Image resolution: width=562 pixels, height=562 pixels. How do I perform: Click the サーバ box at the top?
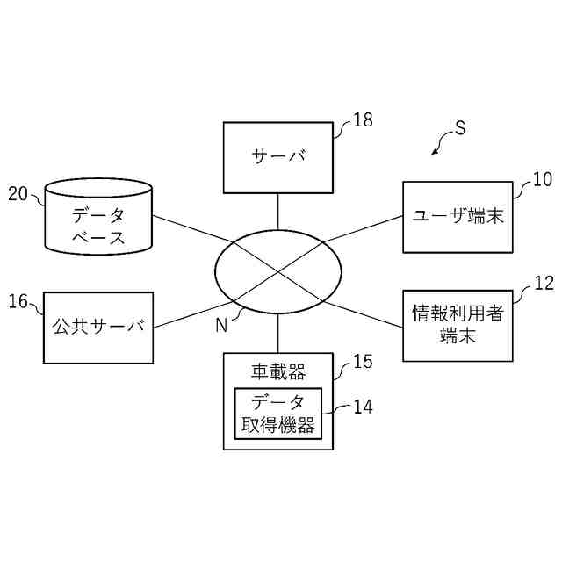tap(278, 157)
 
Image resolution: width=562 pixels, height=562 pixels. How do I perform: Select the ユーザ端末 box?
tap(458, 217)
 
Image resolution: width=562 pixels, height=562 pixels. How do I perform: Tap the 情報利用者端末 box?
tap(458, 325)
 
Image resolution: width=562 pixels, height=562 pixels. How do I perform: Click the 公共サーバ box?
tap(98, 327)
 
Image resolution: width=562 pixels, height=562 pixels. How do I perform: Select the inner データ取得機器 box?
tap(278, 414)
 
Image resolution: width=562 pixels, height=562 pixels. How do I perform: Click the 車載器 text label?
tap(278, 372)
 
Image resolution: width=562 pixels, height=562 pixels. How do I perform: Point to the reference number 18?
tap(363, 121)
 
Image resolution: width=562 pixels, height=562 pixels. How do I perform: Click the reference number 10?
tap(543, 180)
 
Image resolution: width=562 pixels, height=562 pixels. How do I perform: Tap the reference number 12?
tap(544, 284)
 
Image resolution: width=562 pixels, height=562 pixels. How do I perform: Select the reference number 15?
tap(363, 361)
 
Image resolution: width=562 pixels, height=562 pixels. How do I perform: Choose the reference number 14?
tap(363, 407)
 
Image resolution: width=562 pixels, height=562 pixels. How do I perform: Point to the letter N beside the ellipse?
tap(221, 326)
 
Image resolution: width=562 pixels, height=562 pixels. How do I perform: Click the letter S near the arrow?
tap(460, 129)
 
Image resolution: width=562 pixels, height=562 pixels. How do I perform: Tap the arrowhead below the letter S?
tap(434, 153)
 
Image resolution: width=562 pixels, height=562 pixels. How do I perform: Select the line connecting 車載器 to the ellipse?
tap(278, 334)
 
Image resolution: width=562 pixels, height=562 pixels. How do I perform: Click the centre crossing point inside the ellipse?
tap(278, 272)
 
